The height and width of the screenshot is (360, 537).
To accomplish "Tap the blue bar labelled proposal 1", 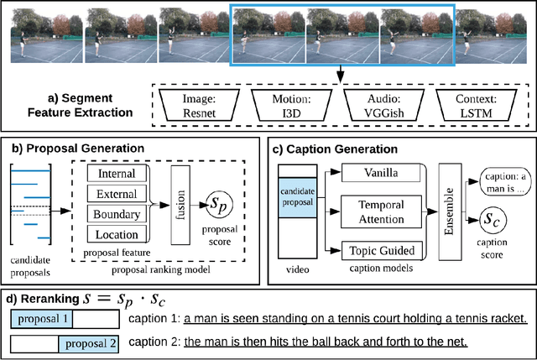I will (x=41, y=319).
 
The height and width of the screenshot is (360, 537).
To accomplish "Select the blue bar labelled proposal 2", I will (x=89, y=342).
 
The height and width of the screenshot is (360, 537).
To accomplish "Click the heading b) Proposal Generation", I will (x=78, y=148).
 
